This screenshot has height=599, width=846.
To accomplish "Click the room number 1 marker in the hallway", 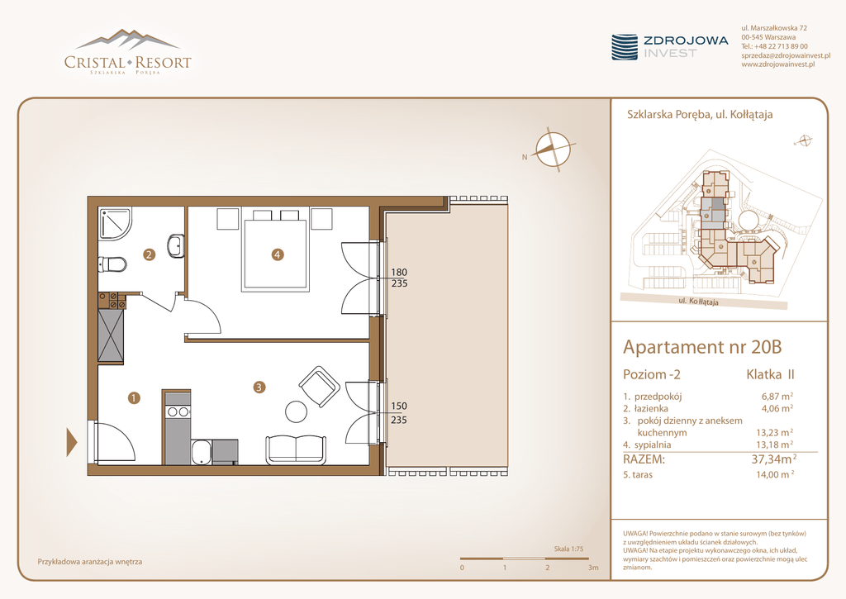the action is pyautogui.click(x=134, y=398).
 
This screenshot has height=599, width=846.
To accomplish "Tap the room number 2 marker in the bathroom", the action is pyautogui.click(x=149, y=254).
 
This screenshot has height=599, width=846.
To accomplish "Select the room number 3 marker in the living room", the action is pyautogui.click(x=259, y=387).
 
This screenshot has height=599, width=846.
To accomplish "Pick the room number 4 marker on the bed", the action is pyautogui.click(x=278, y=254).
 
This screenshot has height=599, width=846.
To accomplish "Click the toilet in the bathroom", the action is pyautogui.click(x=112, y=264).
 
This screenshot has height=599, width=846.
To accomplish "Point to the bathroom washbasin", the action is pyautogui.click(x=176, y=246).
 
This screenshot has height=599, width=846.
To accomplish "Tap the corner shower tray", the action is pyautogui.click(x=114, y=223).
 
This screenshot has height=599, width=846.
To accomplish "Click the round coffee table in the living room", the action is pyautogui.click(x=297, y=411).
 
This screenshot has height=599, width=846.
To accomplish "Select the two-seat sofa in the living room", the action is pyautogui.click(x=296, y=449).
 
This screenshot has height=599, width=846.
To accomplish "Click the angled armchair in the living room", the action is pyautogui.click(x=319, y=387).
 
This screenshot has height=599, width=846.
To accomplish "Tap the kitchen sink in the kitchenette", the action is pyautogui.click(x=202, y=452).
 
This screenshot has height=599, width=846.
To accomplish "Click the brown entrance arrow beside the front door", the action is pyautogui.click(x=72, y=442).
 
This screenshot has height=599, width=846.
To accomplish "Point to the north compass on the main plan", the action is pyautogui.click(x=553, y=149).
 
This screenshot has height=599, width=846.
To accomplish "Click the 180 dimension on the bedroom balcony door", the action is pyautogui.click(x=399, y=273).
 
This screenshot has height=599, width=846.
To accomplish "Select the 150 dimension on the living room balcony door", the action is pyautogui.click(x=399, y=406).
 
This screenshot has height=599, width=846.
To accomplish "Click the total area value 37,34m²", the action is pyautogui.click(x=774, y=459).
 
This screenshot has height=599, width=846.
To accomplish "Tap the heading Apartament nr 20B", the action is pyautogui.click(x=702, y=346).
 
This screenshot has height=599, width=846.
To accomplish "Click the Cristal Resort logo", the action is pyautogui.click(x=128, y=52).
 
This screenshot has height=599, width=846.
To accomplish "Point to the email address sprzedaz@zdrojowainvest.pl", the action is pyautogui.click(x=786, y=55).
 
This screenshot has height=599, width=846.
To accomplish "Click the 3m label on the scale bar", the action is pyautogui.click(x=593, y=568).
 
